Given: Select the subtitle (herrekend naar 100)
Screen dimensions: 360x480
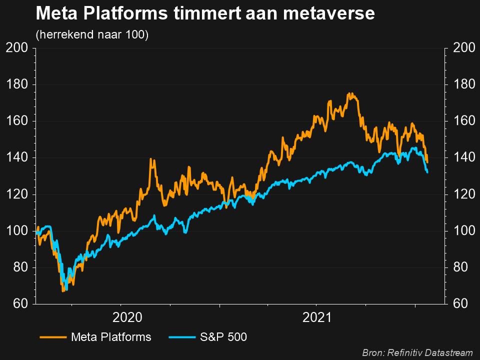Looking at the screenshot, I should click(92, 35).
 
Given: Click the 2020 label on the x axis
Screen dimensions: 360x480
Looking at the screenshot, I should click(128, 317).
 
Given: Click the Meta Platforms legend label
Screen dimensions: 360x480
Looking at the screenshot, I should click(111, 337).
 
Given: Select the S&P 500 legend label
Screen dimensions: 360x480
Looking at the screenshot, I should click(224, 337).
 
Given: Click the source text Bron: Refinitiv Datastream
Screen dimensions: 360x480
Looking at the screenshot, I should click(418, 353).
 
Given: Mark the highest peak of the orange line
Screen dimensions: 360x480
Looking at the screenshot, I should click(351, 93).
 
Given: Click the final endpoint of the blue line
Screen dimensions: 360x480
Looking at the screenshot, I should click(427, 172).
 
